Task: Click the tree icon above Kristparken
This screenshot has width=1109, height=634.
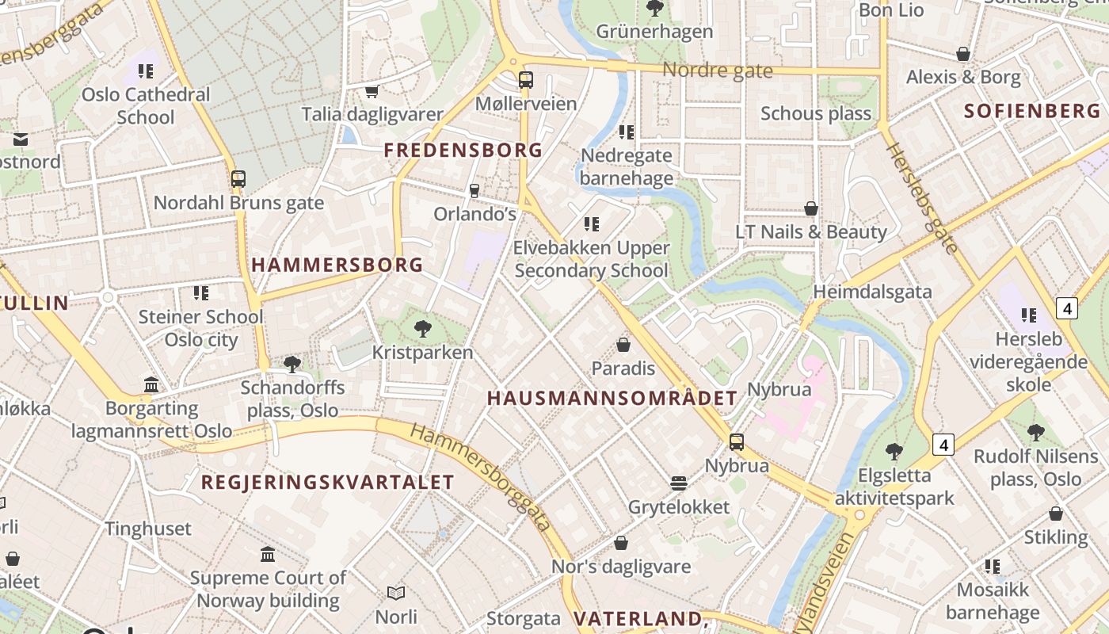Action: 423,328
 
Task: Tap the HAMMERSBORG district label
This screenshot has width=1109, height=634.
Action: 337,265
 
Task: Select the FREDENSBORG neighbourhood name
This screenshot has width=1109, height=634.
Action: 463,150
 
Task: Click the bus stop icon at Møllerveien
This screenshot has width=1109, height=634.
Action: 525,79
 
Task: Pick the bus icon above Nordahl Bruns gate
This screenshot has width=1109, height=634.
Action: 238,178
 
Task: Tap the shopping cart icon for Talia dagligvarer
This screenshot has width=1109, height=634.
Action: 372,91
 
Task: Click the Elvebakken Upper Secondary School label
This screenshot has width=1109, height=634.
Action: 591,259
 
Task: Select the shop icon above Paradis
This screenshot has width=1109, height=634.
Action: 623,345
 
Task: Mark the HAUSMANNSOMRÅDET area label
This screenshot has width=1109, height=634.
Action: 612,399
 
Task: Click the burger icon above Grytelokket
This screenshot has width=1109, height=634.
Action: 678,483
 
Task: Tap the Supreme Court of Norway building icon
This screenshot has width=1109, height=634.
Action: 268,554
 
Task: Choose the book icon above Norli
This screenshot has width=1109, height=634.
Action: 396,593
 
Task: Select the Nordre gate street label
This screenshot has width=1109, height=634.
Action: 717,71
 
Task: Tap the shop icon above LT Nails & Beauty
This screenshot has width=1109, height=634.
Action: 811,208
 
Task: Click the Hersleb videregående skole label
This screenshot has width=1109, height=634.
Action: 1028,362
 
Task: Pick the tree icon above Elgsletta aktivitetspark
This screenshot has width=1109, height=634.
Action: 894,452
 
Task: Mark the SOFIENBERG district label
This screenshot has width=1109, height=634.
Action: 1032,111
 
